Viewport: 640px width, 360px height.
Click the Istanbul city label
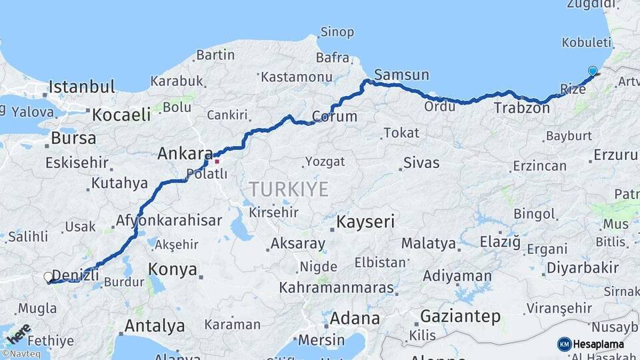click(81, 87)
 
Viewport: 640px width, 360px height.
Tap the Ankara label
click(185, 154)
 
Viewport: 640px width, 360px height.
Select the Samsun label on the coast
click(401, 74)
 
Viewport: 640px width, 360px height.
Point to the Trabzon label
click(521, 107)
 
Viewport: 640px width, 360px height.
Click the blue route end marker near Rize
click(593, 71)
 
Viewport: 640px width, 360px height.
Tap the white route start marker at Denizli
click(48, 277)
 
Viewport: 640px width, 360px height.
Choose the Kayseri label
click(366, 221)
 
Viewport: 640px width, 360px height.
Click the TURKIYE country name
click(289, 189)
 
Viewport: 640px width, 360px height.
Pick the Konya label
click(173, 269)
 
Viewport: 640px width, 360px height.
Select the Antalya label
click(155, 326)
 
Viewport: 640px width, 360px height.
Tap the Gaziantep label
click(460, 317)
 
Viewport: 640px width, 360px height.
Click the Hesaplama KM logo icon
click(564, 344)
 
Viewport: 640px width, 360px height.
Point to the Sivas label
click(421, 163)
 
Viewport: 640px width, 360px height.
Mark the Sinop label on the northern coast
click(337, 31)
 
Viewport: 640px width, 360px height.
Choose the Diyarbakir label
click(583, 268)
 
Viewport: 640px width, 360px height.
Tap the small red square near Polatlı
click(217, 161)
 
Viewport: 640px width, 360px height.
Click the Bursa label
click(73, 139)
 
